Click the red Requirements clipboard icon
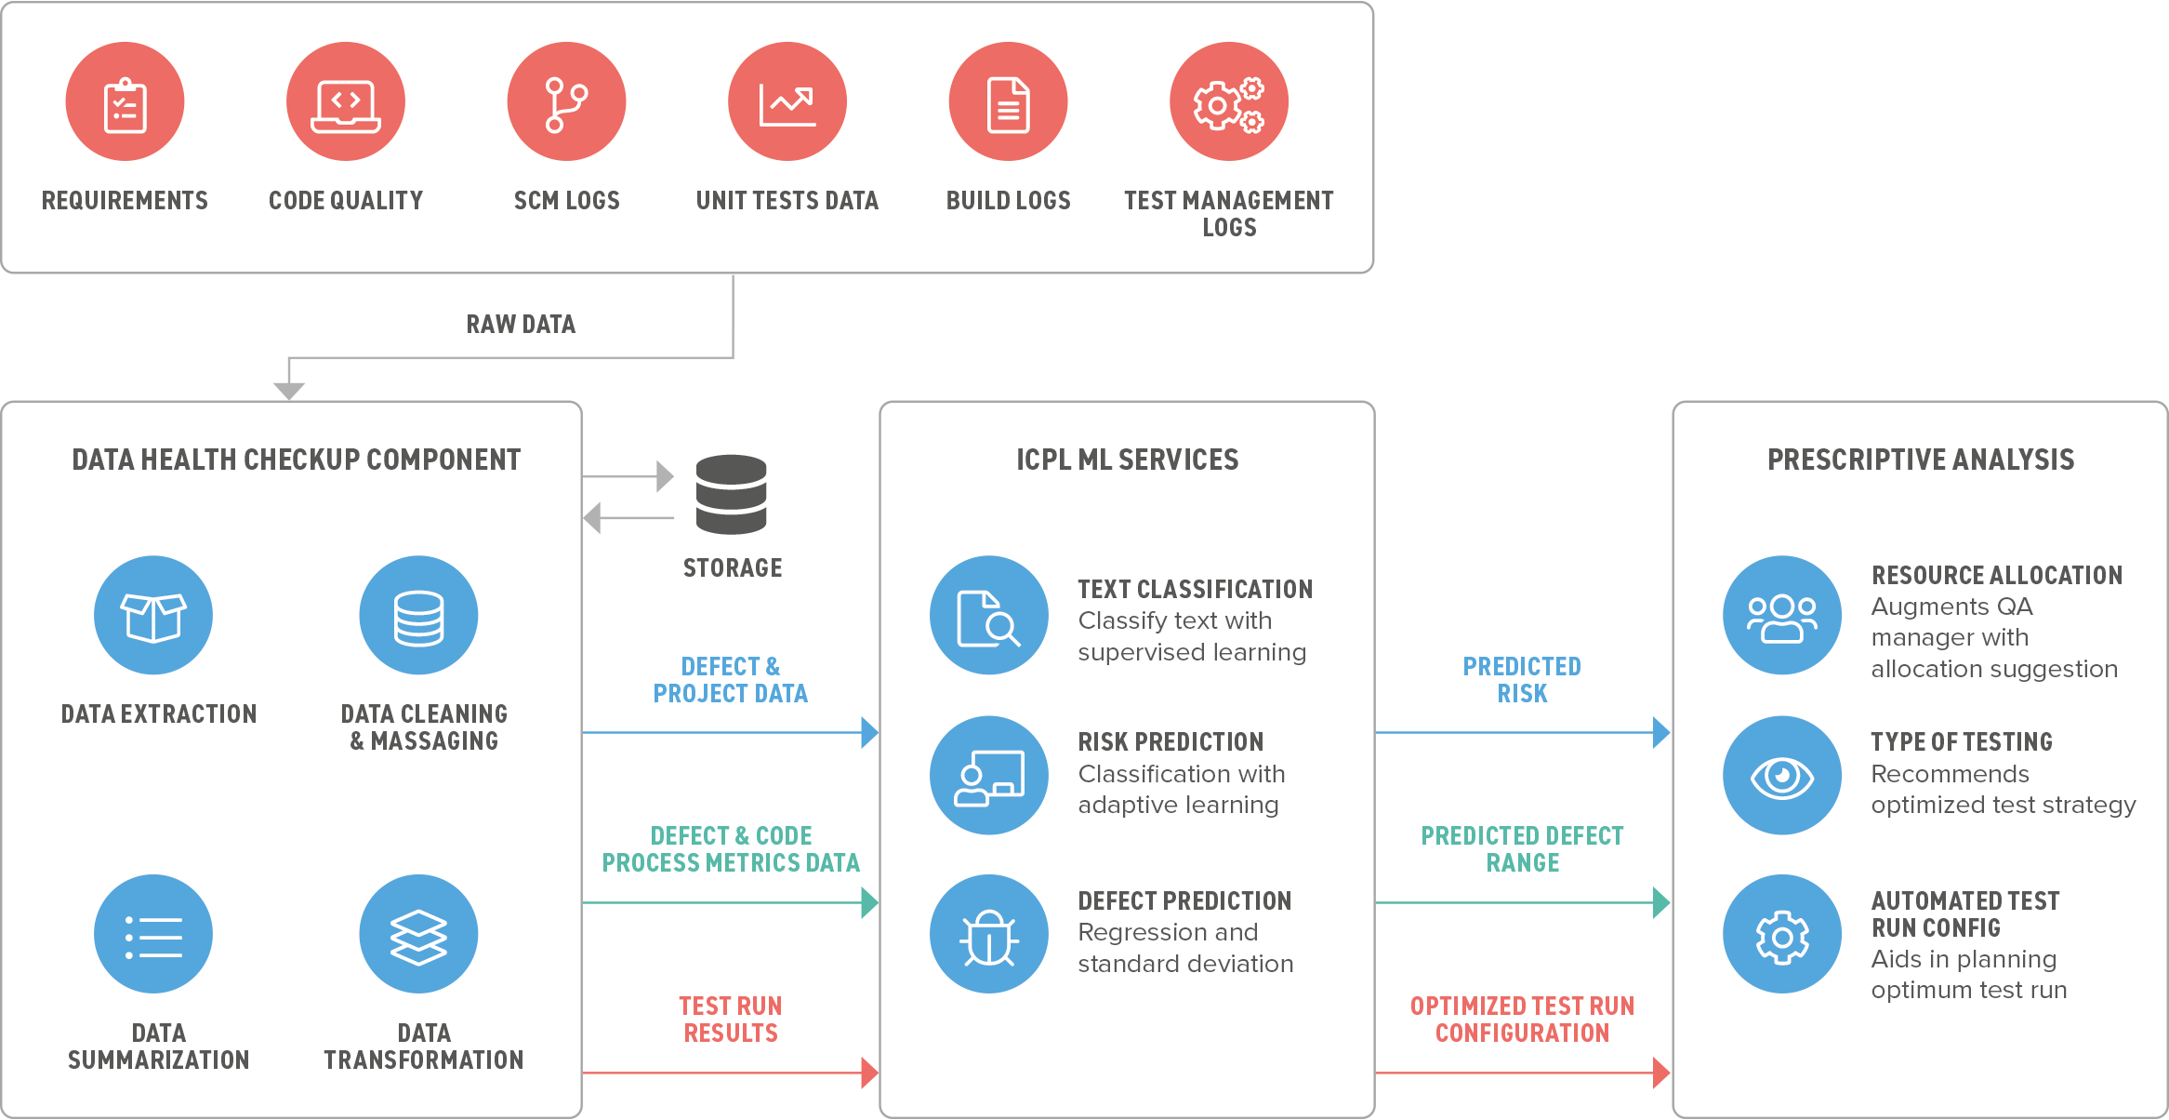click(125, 101)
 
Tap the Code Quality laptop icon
click(346, 101)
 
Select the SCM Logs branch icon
click(566, 101)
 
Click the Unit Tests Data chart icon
click(787, 101)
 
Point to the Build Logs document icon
click(1008, 101)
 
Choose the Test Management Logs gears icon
click(1229, 101)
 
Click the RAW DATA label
click(521, 324)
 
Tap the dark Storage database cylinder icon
click(732, 494)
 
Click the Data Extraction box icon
click(153, 615)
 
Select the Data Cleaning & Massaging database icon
click(419, 615)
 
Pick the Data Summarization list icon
click(153, 934)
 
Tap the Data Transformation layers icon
click(419, 934)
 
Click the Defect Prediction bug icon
click(989, 934)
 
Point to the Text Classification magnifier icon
click(989, 615)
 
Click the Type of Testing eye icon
click(1782, 775)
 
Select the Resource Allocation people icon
click(1782, 615)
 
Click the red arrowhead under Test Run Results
click(869, 1073)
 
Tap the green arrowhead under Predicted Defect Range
click(1661, 902)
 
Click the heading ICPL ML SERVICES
click(1127, 460)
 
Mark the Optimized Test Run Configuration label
click(1522, 1020)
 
